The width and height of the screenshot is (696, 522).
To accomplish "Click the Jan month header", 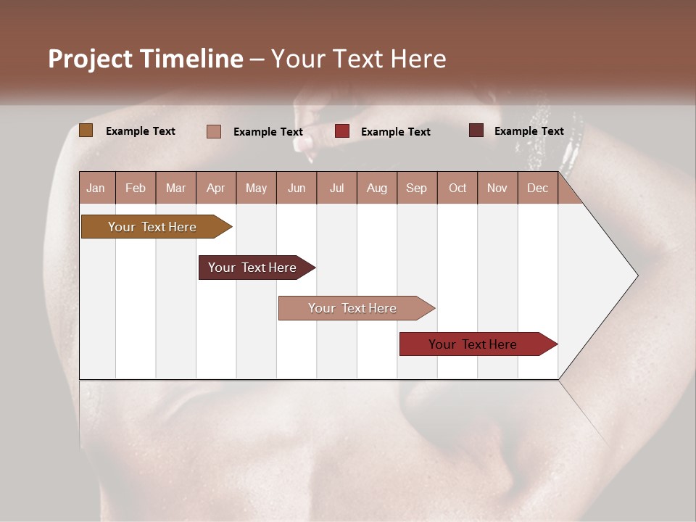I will pyautogui.click(x=96, y=188).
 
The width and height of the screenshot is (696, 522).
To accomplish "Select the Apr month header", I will pyautogui.click(x=216, y=188).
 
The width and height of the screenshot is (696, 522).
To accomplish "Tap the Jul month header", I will pyautogui.click(x=336, y=188).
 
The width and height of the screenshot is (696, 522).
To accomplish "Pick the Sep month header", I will pyautogui.click(x=417, y=188).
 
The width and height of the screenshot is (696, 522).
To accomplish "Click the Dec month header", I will pyautogui.click(x=537, y=188).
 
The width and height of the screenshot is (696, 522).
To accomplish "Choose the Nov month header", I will pyautogui.click(x=497, y=188).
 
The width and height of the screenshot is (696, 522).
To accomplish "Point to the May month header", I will pyautogui.click(x=256, y=188).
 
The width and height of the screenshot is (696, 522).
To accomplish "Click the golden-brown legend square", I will pyautogui.click(x=86, y=130).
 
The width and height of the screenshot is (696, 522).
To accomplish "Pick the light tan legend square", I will pyautogui.click(x=214, y=131).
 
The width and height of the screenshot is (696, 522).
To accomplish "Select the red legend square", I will pyautogui.click(x=342, y=131).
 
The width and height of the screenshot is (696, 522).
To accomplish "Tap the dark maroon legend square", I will pyautogui.click(x=476, y=130).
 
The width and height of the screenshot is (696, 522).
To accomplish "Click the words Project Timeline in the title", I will pyautogui.click(x=146, y=59).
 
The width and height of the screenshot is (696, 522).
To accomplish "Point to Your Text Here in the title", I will pyautogui.click(x=359, y=59).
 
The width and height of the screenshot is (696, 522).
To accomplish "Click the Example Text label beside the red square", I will pyautogui.click(x=395, y=132).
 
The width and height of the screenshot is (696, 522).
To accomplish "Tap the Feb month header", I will pyautogui.click(x=136, y=188).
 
